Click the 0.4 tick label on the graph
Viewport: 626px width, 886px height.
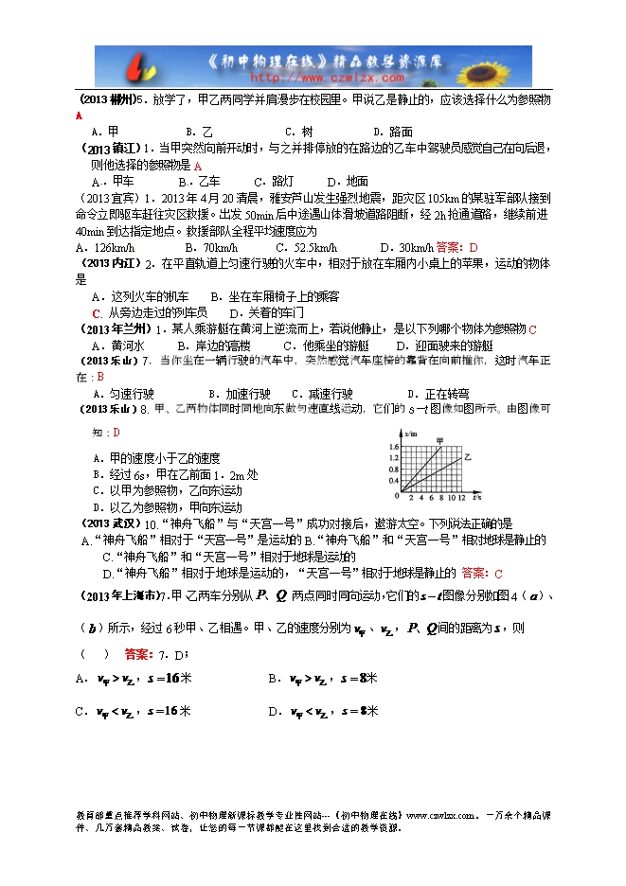394,481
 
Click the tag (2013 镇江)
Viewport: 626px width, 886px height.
113,149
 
